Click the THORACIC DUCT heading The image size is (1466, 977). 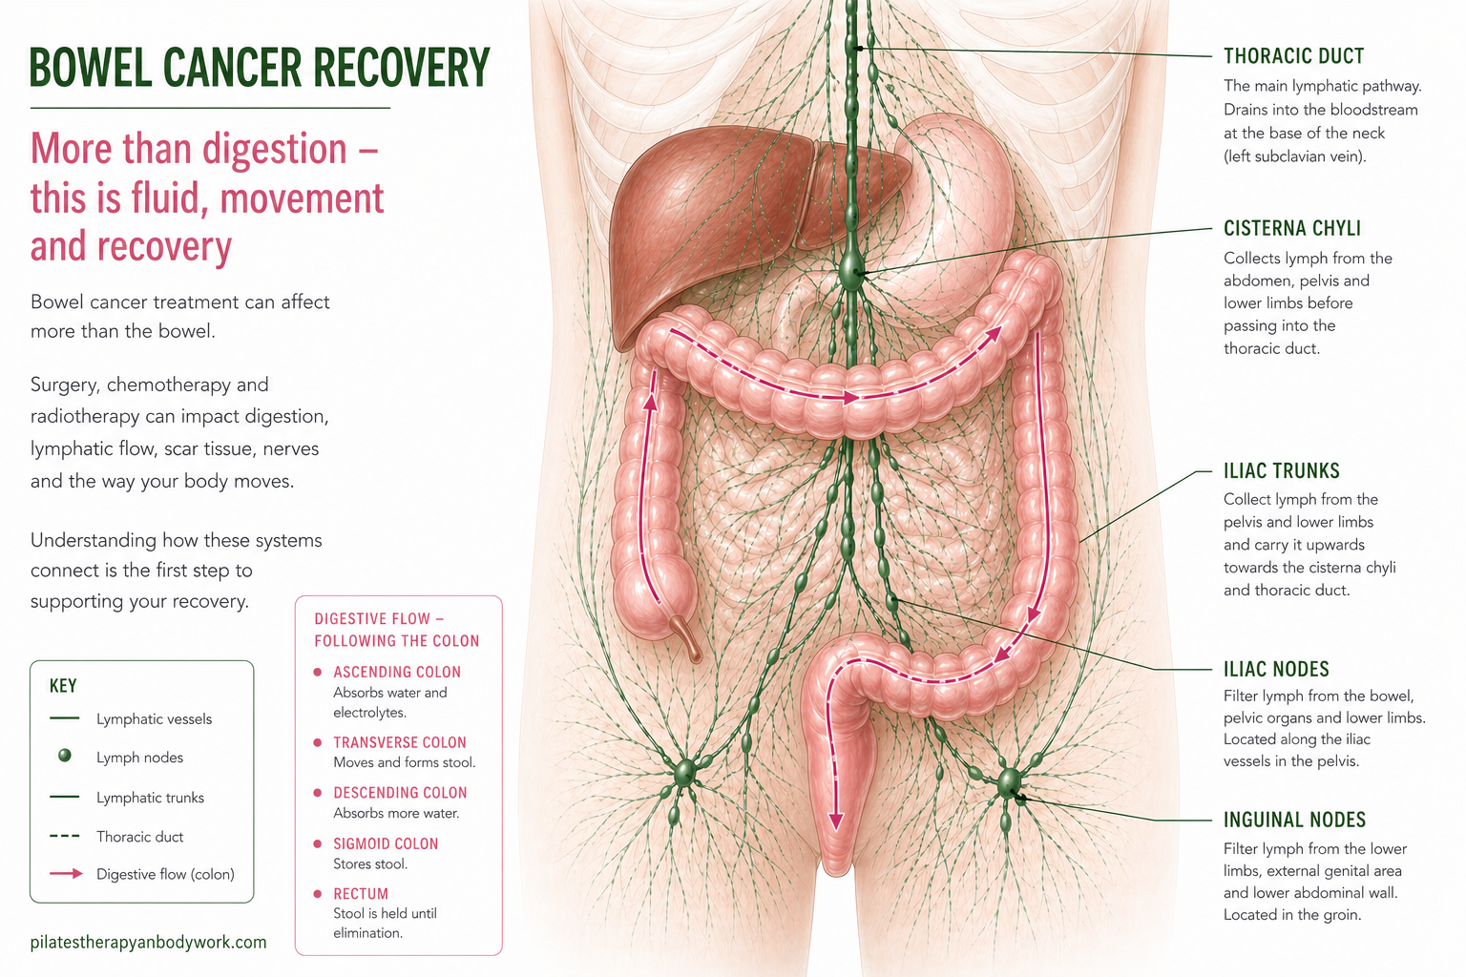tap(1293, 56)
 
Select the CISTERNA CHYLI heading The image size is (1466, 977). tap(1291, 228)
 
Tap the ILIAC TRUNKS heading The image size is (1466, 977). tap(1281, 470)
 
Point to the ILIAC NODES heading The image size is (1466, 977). tap(1276, 669)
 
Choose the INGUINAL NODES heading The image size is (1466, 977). tap(1294, 820)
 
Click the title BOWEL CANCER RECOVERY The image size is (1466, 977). tap(260, 68)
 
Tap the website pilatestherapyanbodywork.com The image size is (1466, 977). tap(148, 943)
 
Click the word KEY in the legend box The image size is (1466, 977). tap(63, 686)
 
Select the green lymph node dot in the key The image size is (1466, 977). tap(65, 756)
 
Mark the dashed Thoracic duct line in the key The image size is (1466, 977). tap(65, 836)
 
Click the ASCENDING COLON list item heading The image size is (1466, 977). tap(396, 672)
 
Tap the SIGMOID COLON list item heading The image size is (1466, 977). tap(386, 843)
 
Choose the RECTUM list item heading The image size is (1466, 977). tap(361, 894)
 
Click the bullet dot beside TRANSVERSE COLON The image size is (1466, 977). tap(318, 742)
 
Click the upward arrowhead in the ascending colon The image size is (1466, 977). tap(651, 401)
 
